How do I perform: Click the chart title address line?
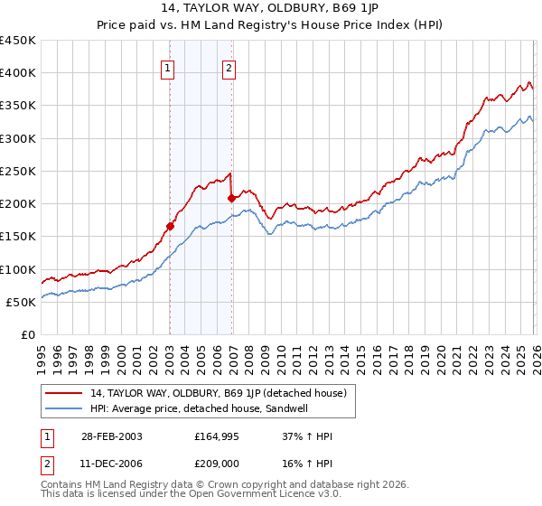pos(271,8)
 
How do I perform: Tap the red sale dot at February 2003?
pos(170,227)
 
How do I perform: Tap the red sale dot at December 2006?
pos(231,198)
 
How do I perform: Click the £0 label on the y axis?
pos(27,334)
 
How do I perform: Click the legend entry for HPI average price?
pos(199,408)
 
